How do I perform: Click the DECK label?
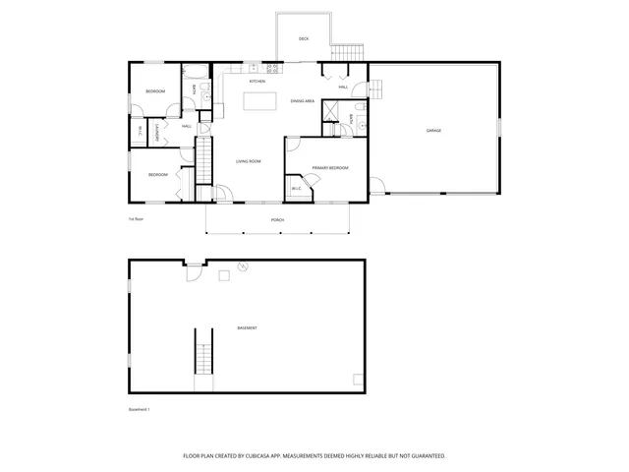[304, 39]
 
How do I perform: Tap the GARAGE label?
[432, 130]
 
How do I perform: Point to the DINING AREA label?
[302, 101]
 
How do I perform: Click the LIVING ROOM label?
[248, 161]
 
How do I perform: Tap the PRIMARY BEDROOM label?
[330, 169]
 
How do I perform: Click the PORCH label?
[278, 220]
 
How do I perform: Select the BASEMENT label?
[247, 327]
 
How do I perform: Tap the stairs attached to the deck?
[347, 52]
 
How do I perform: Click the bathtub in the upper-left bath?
[193, 70]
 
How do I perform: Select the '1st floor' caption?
[136, 219]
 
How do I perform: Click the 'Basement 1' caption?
[140, 409]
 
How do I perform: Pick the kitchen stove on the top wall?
[254, 68]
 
